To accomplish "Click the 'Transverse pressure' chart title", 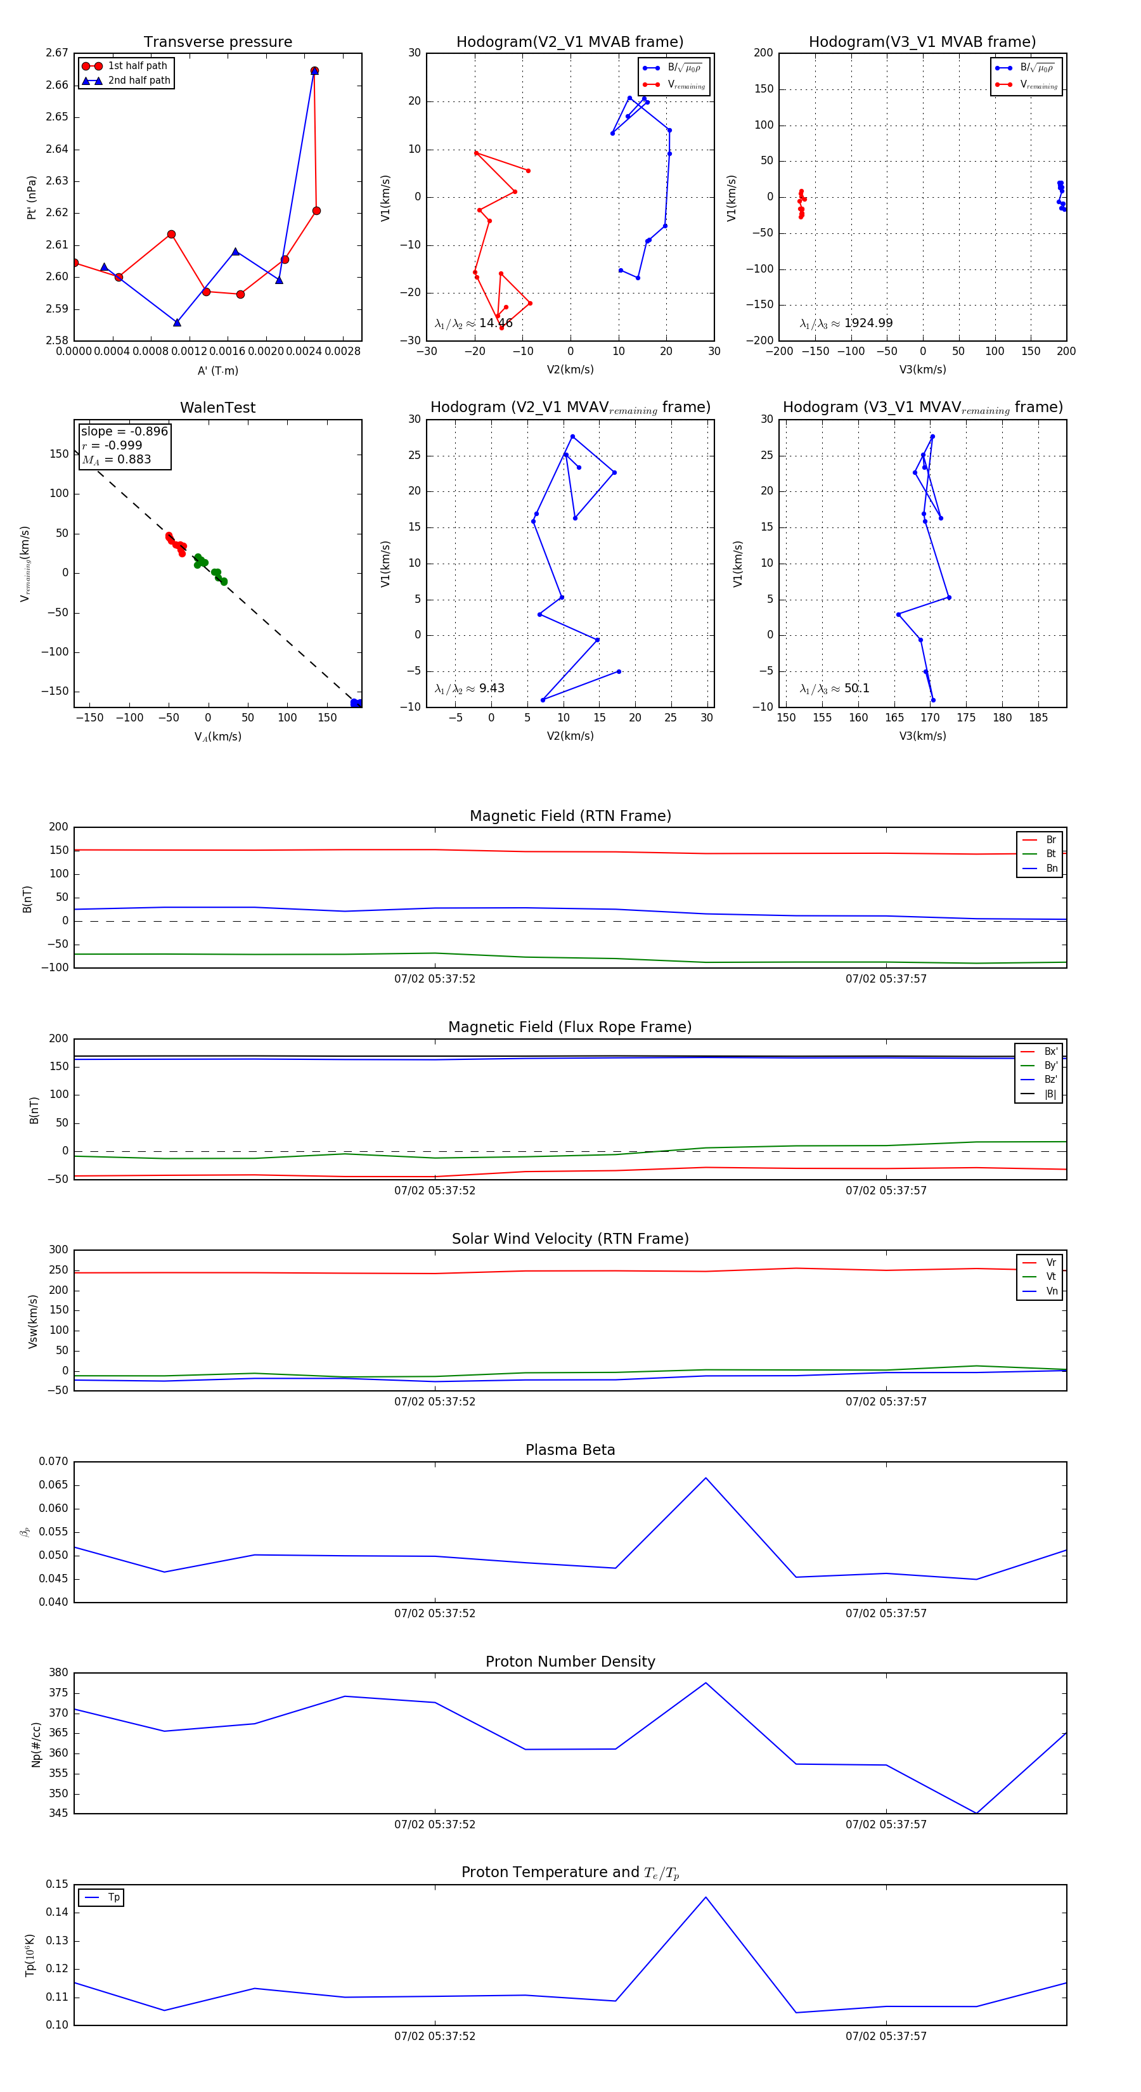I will [217, 42].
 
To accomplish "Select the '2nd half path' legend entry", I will [139, 81].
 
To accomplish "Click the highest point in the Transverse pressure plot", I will [314, 70].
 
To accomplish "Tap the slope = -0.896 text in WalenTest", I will [124, 431].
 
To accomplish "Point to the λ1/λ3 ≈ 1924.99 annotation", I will [846, 323].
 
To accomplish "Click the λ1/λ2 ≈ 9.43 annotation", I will [469, 688].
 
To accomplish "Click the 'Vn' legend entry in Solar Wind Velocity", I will [1051, 1291].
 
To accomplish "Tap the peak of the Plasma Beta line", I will [706, 1478].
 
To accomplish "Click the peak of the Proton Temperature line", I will [706, 1897].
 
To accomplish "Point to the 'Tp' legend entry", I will [113, 1897].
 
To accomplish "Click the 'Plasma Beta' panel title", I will [570, 1450].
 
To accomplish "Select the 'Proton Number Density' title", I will [570, 1662].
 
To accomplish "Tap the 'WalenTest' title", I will [217, 408].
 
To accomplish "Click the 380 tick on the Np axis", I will [58, 1673].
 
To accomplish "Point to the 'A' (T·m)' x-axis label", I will [217, 370].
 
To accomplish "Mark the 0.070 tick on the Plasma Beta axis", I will [54, 1462].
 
